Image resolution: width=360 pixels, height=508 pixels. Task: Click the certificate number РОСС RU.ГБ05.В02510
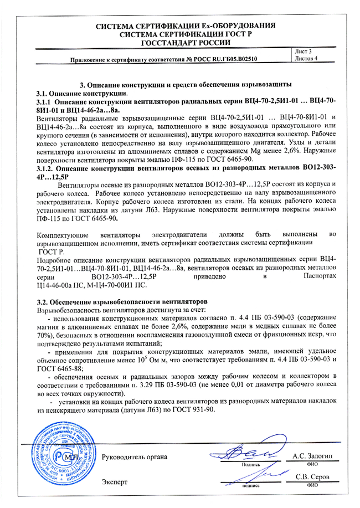225,59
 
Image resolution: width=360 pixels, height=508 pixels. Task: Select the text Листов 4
307,58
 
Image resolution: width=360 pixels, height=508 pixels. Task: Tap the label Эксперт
115,482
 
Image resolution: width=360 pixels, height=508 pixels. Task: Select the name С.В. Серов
313,477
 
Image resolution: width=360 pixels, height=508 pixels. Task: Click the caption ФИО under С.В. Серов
312,485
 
